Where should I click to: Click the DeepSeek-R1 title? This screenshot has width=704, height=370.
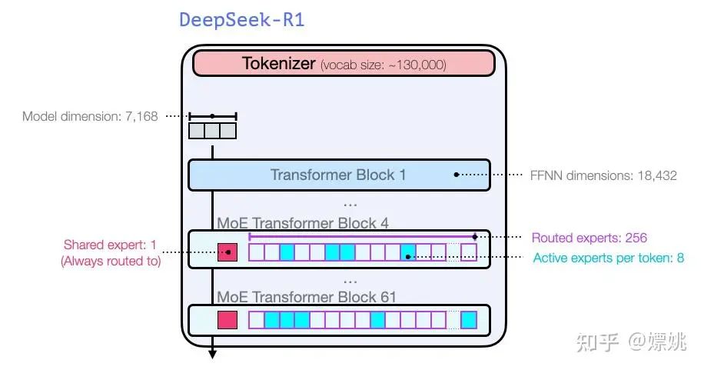click(242, 20)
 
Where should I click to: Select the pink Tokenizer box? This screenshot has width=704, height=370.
click(344, 64)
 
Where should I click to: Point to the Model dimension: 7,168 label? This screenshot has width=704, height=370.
click(90, 117)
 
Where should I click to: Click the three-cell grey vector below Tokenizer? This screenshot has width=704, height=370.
click(212, 131)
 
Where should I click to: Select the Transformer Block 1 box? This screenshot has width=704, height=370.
click(338, 175)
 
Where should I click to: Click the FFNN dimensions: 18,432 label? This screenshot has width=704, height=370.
click(603, 175)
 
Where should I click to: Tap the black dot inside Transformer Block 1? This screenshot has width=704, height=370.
click(457, 175)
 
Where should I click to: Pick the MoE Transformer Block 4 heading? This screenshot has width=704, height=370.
click(303, 223)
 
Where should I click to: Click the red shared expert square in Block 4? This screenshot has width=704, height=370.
click(228, 252)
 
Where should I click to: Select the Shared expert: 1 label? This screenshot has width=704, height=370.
click(110, 245)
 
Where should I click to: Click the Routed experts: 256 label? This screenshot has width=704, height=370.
click(589, 238)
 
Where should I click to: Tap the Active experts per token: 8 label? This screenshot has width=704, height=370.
click(608, 258)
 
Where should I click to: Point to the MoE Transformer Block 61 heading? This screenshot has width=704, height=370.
click(307, 297)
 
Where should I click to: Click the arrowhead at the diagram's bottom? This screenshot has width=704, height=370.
click(212, 354)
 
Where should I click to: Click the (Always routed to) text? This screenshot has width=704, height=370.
click(110, 261)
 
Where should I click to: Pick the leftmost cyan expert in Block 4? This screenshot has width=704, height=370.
click(287, 252)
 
